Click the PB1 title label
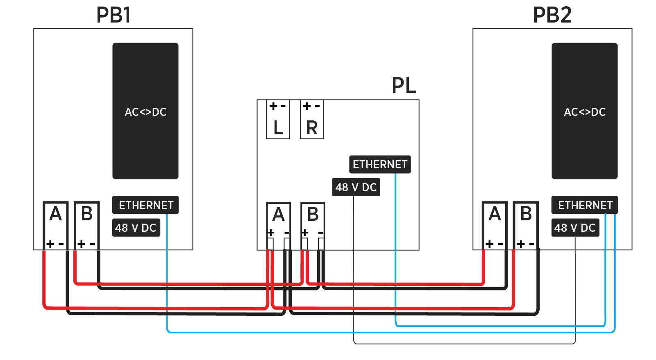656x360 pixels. click(x=113, y=15)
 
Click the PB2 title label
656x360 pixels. click(x=552, y=15)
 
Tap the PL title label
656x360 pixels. click(x=404, y=86)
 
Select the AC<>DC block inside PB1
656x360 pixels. click(x=145, y=111)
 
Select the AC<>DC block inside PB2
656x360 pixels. click(x=584, y=111)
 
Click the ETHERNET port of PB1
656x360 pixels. click(x=145, y=205)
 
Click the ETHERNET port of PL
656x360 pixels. click(x=380, y=165)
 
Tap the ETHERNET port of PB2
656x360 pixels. click(x=584, y=205)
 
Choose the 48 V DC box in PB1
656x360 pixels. click(x=136, y=228)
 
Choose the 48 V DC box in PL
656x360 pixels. click(x=356, y=188)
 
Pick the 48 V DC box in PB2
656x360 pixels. click(x=575, y=228)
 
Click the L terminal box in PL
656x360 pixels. click(x=278, y=120)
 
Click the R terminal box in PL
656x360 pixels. click(x=312, y=120)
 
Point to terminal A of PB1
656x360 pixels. click(x=56, y=225)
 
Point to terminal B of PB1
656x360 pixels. click(x=87, y=225)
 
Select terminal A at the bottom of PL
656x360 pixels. click(x=279, y=225)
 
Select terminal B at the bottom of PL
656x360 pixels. click(x=313, y=225)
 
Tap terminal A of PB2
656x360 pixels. click(x=495, y=225)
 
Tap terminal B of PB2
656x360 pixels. click(x=526, y=225)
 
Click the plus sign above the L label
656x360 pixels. click(x=273, y=106)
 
